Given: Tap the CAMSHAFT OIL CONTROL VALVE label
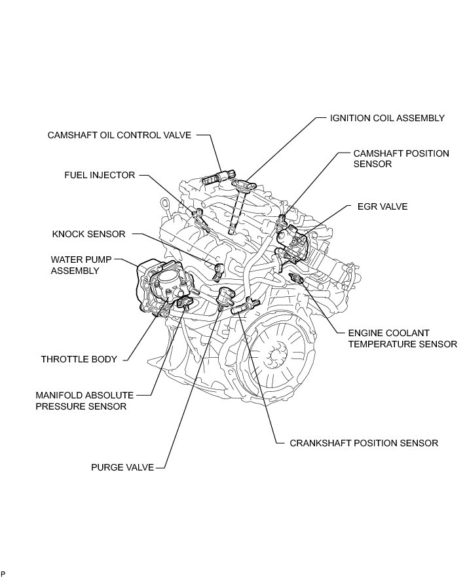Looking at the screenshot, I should [119, 136].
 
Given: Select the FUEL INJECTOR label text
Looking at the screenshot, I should [99, 176].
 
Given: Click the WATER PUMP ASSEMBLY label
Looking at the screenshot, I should [75, 264].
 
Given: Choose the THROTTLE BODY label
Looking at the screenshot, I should [79, 359].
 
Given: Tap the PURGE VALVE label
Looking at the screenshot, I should [122, 467].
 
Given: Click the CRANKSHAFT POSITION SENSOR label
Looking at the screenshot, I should [364, 443].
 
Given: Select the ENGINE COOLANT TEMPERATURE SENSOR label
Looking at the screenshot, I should [402, 338].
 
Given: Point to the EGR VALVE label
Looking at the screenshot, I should [383, 206].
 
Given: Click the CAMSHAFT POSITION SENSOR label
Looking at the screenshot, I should [401, 159].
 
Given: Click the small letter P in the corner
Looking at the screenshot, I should [3, 574].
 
